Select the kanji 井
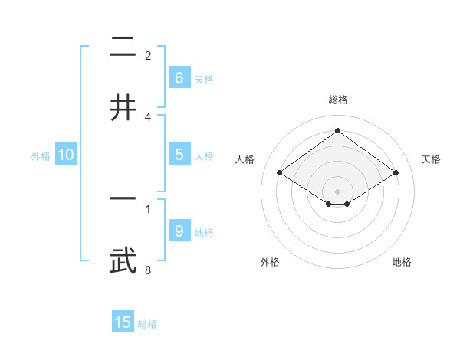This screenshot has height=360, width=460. point(123,106)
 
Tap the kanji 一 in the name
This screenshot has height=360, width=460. point(123,198)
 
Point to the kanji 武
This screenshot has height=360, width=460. point(123,260)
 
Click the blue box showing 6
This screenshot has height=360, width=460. point(179,77)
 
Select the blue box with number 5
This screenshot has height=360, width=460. point(179,155)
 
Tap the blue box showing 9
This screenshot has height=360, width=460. point(179,231)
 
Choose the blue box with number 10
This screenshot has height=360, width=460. point(66,155)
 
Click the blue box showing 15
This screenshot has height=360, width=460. point(123,322)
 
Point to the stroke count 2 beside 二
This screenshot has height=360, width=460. point(148,56)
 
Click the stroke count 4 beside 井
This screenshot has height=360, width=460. point(148,116)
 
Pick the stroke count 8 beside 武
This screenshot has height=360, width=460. point(148,270)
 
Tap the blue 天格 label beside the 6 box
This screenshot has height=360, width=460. point(204,79)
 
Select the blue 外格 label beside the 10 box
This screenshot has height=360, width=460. point(41,156)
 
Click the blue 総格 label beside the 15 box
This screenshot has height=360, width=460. point(147,324)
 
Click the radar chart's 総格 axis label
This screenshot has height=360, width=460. point(337,100)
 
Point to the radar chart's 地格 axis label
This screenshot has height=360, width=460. point(402,262)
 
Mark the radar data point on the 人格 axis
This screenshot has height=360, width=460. point(280,173)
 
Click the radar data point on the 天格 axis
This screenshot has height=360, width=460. point(396,173)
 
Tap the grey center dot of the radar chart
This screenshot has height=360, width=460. point(337,191)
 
